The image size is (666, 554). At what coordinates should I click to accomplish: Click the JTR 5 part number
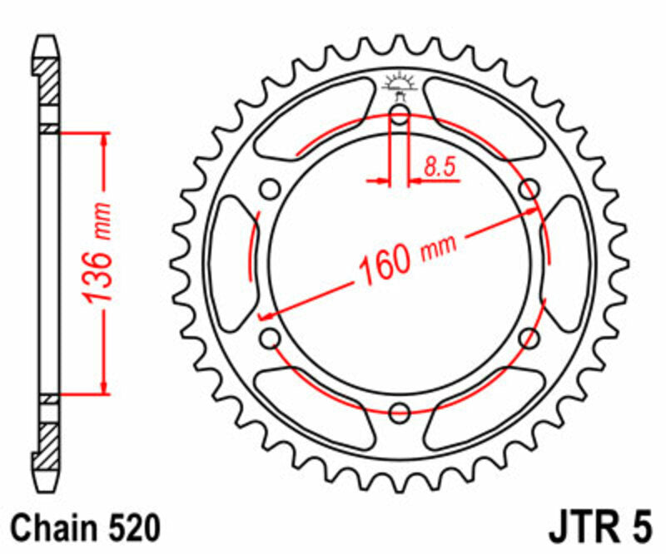pos(596,528)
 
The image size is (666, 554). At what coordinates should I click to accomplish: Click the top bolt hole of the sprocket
pos(400,116)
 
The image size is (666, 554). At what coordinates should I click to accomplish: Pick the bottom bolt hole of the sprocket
pos(400,411)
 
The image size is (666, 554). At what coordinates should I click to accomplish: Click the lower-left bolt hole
pos(271,338)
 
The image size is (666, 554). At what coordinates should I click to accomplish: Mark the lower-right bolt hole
pos(529,338)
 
